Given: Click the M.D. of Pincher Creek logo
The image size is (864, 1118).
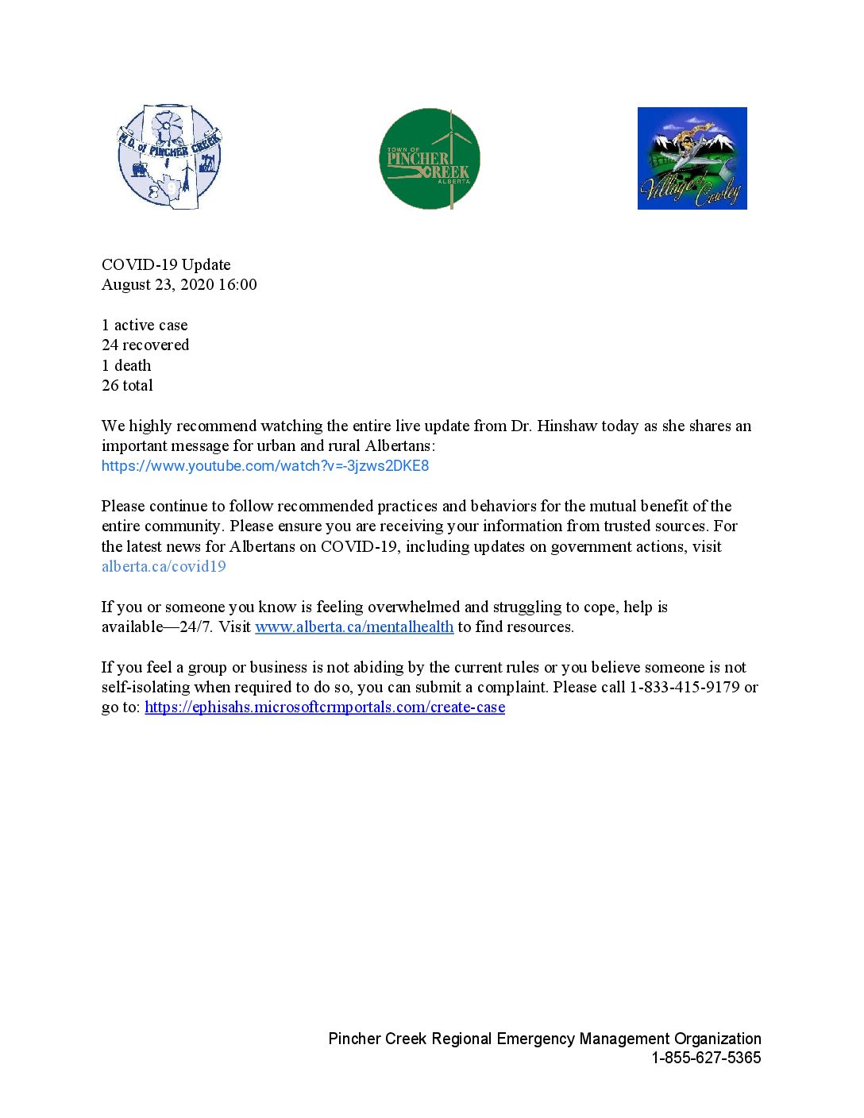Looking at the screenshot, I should tap(169, 156).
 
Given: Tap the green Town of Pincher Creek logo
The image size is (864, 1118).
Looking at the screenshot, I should tap(430, 159).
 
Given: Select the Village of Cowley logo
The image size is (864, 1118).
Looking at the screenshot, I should tap(692, 159).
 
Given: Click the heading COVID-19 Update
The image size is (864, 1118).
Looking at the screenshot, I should tap(166, 264).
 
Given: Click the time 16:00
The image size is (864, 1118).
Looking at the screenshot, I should tap(237, 284).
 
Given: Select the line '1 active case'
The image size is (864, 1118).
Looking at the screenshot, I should tap(145, 325).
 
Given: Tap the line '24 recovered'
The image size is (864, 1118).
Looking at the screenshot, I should tap(145, 345).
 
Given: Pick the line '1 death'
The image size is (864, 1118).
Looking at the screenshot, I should tap(126, 365).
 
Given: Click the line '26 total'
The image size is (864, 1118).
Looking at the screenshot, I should tap(127, 385).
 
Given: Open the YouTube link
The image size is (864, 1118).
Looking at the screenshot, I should tap(265, 466).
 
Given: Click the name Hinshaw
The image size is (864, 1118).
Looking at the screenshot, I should tap(567, 426).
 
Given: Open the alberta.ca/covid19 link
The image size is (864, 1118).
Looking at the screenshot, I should tap(164, 566).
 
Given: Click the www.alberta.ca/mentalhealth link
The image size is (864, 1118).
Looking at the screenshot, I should tap(354, 626).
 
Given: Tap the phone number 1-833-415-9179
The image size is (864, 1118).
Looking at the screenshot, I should tap(685, 687).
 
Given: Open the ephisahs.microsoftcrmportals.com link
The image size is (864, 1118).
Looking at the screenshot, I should tap(325, 707).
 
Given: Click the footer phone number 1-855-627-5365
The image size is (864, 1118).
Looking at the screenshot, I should tap(706, 1058).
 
